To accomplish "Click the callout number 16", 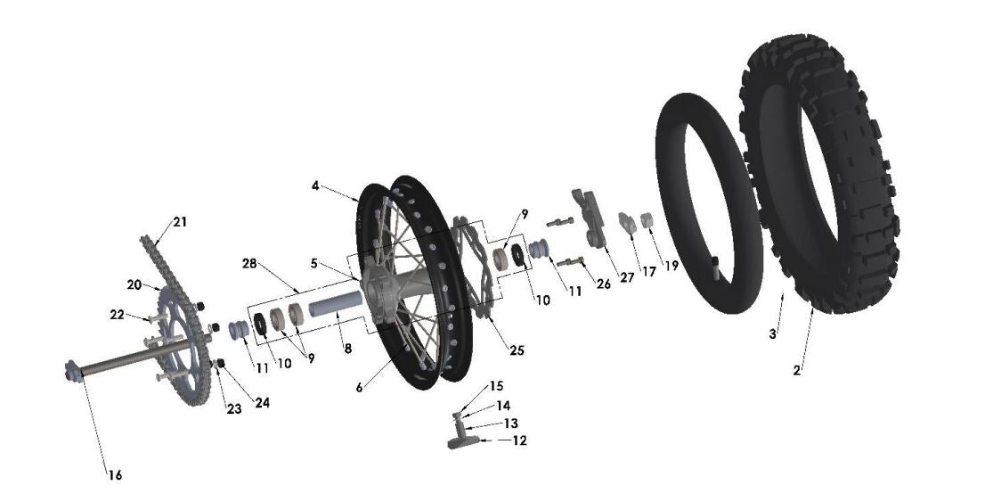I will pyautogui.click(x=115, y=475).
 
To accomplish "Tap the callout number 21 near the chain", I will pyautogui.click(x=181, y=221).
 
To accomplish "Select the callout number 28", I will pyautogui.click(x=250, y=264).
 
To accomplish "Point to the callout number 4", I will pyautogui.click(x=315, y=185).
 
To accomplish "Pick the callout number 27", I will pyautogui.click(x=627, y=277).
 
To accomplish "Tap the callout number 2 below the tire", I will pyautogui.click(x=797, y=369).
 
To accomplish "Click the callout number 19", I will pyautogui.click(x=671, y=266).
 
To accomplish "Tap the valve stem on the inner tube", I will pyautogui.click(x=718, y=264).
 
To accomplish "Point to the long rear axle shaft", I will pyautogui.click(x=134, y=361).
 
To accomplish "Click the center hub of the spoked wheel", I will pyautogui.click(x=382, y=290).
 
